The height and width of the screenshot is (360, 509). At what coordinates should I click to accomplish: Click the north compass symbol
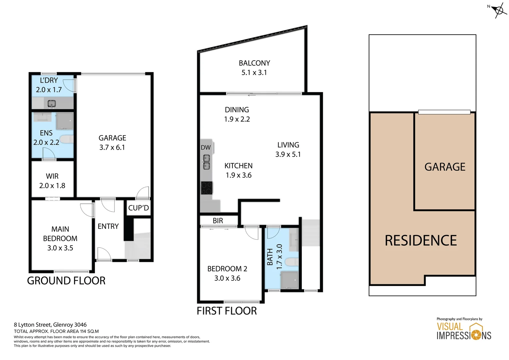[498, 10]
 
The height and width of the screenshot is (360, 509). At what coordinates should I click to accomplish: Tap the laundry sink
[51, 104]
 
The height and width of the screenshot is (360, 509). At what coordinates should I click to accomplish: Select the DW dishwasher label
[206, 147]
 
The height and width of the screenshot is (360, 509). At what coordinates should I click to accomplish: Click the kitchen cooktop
[207, 188]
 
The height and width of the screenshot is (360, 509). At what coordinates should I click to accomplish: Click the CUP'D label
[138, 208]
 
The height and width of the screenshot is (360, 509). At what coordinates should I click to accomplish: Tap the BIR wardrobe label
[218, 221]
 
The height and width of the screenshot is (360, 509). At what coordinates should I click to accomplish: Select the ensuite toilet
[67, 139]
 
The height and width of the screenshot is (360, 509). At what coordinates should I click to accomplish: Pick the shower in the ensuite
[65, 121]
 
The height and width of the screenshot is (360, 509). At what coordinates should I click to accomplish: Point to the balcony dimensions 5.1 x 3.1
[254, 73]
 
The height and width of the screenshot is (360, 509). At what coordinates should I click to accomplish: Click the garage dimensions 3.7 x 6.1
[112, 147]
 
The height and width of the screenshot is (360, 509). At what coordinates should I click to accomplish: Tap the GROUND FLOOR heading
[66, 281]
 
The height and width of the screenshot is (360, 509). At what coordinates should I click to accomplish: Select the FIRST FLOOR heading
[227, 311]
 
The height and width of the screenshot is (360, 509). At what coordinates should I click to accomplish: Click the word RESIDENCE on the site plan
[420, 240]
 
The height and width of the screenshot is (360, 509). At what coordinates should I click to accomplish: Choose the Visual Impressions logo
[464, 331]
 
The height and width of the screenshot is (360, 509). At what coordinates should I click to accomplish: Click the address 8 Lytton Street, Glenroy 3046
[50, 325]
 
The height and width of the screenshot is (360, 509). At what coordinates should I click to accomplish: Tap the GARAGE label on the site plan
[445, 167]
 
